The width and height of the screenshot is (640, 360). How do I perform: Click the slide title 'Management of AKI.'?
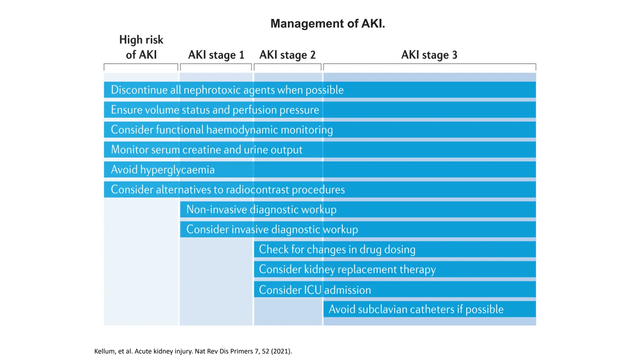coord(327,24)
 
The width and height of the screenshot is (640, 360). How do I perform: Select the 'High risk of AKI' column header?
coord(141,47)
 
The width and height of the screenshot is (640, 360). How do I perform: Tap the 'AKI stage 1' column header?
coord(216,55)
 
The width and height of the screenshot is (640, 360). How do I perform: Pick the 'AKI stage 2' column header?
coord(287,55)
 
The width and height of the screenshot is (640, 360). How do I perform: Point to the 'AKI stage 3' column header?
coord(429,55)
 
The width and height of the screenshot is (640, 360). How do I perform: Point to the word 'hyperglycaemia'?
coord(177,170)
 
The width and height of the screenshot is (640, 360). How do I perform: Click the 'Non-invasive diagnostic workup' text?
coord(261,210)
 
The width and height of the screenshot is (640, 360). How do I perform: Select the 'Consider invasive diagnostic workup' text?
coord(272,230)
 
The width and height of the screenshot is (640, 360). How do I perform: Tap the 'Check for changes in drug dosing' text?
coord(337,250)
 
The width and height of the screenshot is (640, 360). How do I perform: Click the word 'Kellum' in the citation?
coord(104,351)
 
